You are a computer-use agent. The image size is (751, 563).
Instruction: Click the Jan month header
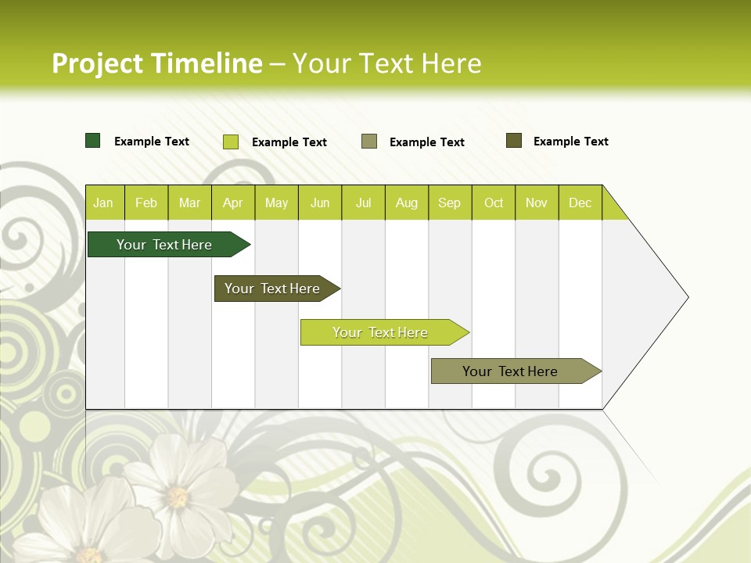click(104, 203)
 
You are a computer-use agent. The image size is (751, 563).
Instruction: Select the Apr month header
click(233, 203)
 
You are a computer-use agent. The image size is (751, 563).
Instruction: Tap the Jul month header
click(363, 203)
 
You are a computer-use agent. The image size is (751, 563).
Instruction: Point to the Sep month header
click(450, 203)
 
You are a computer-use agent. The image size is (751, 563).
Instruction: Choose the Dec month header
click(580, 203)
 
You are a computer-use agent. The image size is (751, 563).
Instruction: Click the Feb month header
click(146, 203)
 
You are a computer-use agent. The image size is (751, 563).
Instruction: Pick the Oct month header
click(494, 203)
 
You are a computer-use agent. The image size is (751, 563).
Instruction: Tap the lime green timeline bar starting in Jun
click(381, 332)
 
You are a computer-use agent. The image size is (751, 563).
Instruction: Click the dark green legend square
click(93, 141)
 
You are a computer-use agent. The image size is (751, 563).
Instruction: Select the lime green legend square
click(231, 142)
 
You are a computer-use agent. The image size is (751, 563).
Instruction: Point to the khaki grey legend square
click(369, 142)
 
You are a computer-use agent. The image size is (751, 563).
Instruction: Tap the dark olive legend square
click(514, 141)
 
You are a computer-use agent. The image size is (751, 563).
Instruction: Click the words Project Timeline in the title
click(156, 63)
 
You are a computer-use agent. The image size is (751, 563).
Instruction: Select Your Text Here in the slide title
click(386, 63)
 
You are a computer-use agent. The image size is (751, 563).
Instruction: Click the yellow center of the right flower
click(178, 497)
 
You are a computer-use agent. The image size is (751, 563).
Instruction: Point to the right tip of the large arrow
click(686, 296)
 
